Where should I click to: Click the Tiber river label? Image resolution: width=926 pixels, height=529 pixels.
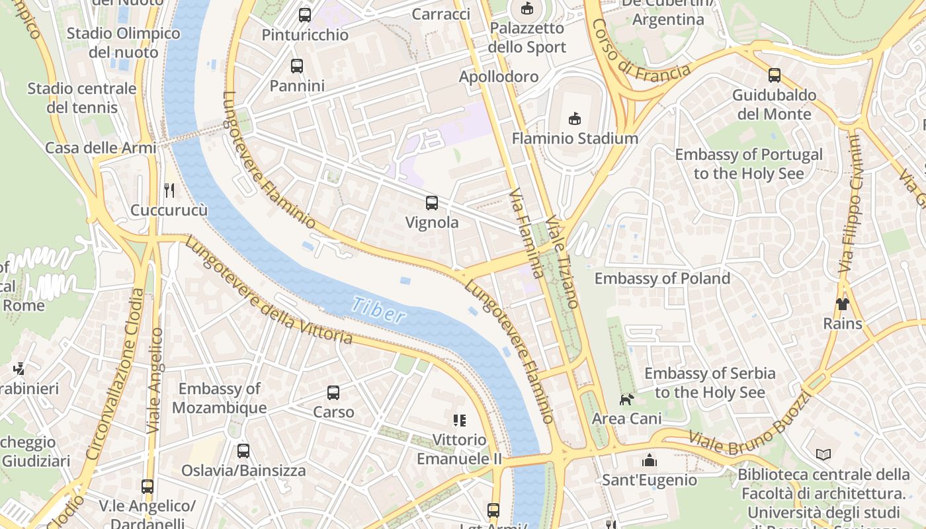378,309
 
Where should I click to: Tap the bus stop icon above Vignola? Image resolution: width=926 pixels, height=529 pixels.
432,203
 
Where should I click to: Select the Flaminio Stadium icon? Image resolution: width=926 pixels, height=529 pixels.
574,119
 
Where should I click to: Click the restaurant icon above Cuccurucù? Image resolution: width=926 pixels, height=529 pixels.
169,190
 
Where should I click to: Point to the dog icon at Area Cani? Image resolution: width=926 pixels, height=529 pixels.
626,399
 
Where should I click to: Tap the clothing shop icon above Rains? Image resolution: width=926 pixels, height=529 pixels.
842,304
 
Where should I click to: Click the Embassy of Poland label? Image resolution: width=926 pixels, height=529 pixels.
662,278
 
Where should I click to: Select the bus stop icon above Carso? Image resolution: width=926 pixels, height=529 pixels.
333,393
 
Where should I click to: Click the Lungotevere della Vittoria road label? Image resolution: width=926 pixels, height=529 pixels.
268,291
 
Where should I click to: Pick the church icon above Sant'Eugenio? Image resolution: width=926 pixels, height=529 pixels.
649,460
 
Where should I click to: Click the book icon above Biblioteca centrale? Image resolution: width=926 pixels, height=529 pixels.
823,455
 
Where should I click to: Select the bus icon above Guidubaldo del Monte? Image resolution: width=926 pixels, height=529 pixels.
774,75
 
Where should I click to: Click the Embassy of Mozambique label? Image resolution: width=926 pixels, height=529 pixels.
219,398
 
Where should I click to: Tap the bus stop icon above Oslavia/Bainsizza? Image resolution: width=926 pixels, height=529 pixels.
243,451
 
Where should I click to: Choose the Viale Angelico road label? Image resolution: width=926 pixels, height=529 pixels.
155,380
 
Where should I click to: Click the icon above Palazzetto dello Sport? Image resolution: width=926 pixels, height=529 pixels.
526,9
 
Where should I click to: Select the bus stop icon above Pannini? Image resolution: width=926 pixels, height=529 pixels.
297,66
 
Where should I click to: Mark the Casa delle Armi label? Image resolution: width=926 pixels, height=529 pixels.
101,147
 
